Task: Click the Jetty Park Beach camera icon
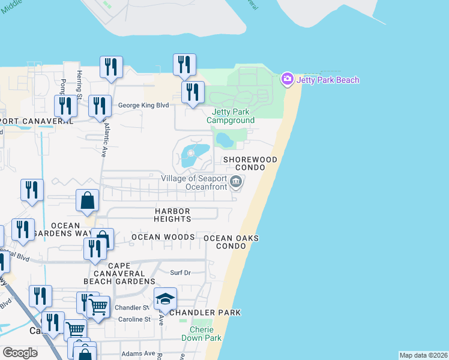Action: point(287,79)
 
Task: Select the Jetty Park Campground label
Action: point(231,116)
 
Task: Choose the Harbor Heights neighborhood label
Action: point(173,215)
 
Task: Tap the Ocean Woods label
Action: point(163,237)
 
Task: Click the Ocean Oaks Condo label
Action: point(231,242)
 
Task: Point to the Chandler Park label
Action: point(205,313)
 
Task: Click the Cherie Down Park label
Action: point(206,334)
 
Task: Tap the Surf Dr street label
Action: point(179,272)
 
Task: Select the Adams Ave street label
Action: point(138,353)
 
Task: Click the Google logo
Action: point(20,353)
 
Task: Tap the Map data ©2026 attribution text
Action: point(423,355)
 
